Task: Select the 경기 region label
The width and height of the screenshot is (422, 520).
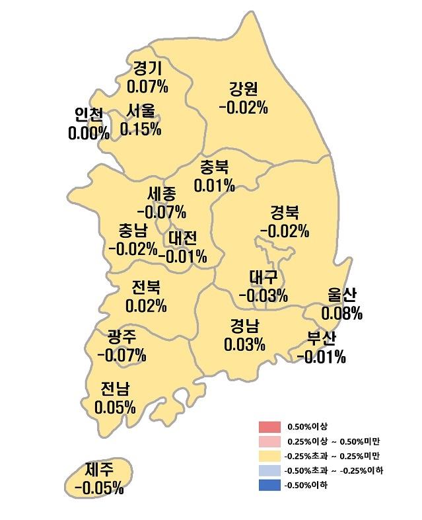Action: click(x=147, y=68)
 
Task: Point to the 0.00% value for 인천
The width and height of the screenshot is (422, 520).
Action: click(x=88, y=133)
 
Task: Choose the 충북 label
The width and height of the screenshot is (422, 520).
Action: click(x=214, y=167)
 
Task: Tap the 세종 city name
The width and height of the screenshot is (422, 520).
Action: click(x=162, y=195)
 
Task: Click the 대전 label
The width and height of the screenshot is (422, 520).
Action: click(x=182, y=238)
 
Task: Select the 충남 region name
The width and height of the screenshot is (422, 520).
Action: click(x=133, y=231)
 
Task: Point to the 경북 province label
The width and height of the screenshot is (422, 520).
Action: click(x=284, y=213)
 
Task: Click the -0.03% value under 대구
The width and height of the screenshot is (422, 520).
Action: click(x=263, y=295)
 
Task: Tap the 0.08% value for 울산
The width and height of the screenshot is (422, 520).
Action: click(x=341, y=313)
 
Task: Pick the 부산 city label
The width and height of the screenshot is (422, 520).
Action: click(x=321, y=340)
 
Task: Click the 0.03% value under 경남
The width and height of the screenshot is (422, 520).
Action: click(x=244, y=344)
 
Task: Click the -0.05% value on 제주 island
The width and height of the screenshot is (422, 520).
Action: click(x=98, y=488)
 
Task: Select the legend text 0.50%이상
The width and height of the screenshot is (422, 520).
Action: click(x=307, y=426)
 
